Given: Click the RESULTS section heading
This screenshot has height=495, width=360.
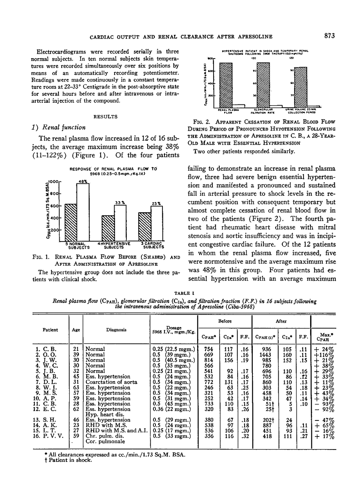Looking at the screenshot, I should tap(106, 117).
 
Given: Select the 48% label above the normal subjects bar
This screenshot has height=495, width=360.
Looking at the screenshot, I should tap(83, 170).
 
